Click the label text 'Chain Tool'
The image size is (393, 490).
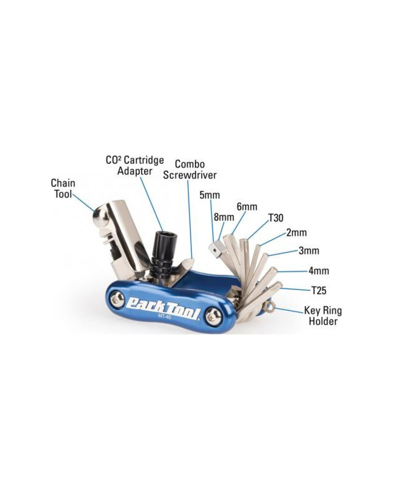63,188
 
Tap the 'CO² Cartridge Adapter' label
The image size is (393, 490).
134,166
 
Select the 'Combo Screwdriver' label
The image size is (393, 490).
190,169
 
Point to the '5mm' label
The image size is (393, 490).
209,195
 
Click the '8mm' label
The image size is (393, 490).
224,217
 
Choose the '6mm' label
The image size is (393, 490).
247,206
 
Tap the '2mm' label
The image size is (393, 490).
296,232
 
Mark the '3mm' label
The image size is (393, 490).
309,251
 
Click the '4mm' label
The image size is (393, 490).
319,271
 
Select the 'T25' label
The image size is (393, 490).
319,291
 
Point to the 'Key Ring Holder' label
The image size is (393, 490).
323,316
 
